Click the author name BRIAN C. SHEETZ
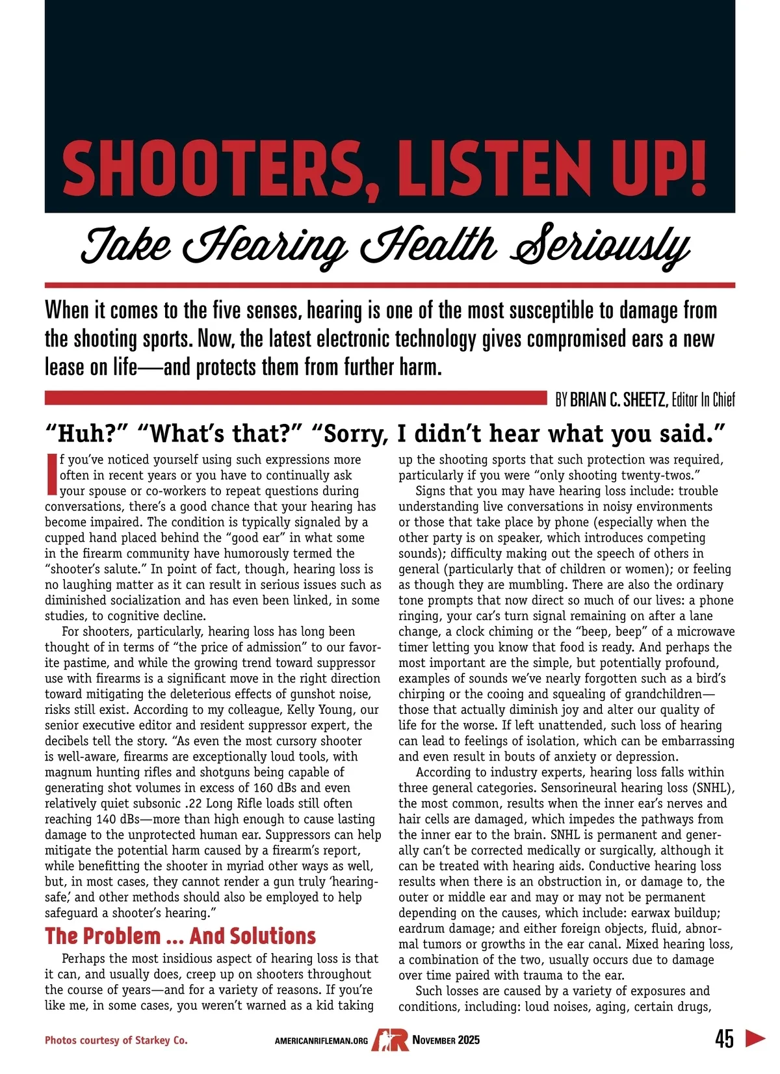click(618, 400)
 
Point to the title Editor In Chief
click(703, 400)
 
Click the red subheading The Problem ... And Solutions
click(180, 936)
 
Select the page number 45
click(725, 1039)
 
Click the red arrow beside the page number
click(755, 1038)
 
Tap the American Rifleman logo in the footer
click(390, 1040)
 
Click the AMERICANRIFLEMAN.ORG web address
click(321, 1041)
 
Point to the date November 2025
click(447, 1040)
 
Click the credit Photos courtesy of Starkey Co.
click(116, 1040)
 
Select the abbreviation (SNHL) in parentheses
click(711, 788)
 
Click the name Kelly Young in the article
click(324, 709)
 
